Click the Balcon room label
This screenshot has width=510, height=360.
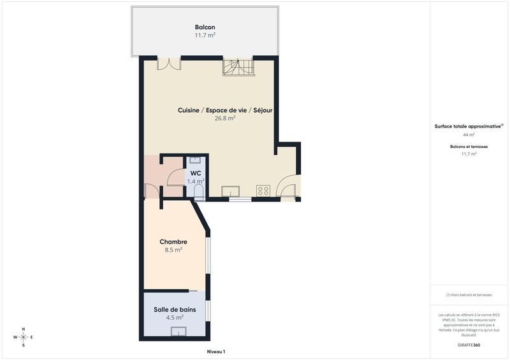[205, 27]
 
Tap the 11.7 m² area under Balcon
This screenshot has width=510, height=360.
[205, 36]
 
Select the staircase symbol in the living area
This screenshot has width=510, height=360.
[238, 66]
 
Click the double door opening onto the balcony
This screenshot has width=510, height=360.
[168, 63]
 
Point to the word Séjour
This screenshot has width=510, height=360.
[263, 110]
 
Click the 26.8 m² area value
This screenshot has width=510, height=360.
[225, 119]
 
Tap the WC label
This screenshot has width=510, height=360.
[196, 173]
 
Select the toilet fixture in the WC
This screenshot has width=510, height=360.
[198, 193]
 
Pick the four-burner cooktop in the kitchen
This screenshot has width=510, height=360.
[263, 191]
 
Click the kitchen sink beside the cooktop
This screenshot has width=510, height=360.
[230, 191]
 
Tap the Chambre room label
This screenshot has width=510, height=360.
[173, 241]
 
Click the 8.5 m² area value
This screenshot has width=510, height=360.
[173, 250]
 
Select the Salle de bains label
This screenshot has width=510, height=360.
[175, 310]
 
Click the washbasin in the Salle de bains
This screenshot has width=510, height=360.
[179, 330]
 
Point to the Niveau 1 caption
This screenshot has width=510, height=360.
[216, 352]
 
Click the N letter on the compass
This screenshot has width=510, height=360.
[24, 329]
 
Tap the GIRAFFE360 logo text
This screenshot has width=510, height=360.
[469, 345]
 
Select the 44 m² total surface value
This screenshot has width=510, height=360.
[469, 135]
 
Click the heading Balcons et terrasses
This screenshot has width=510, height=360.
[469, 147]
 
